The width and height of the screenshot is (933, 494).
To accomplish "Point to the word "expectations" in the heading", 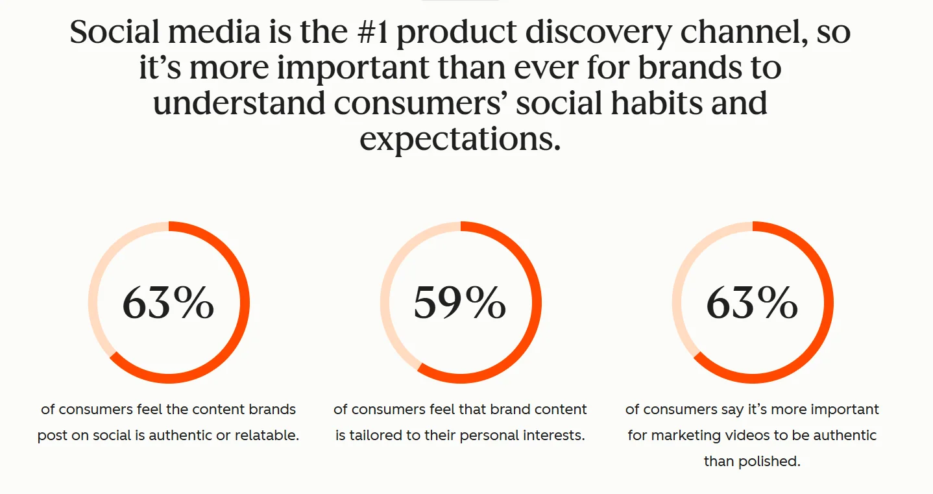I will tap(459, 139).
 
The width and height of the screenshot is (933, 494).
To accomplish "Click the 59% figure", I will tap(460, 303).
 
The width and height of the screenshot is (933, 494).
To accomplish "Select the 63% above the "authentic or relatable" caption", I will tap(168, 303).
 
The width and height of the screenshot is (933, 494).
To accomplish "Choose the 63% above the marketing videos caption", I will tap(752, 303).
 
